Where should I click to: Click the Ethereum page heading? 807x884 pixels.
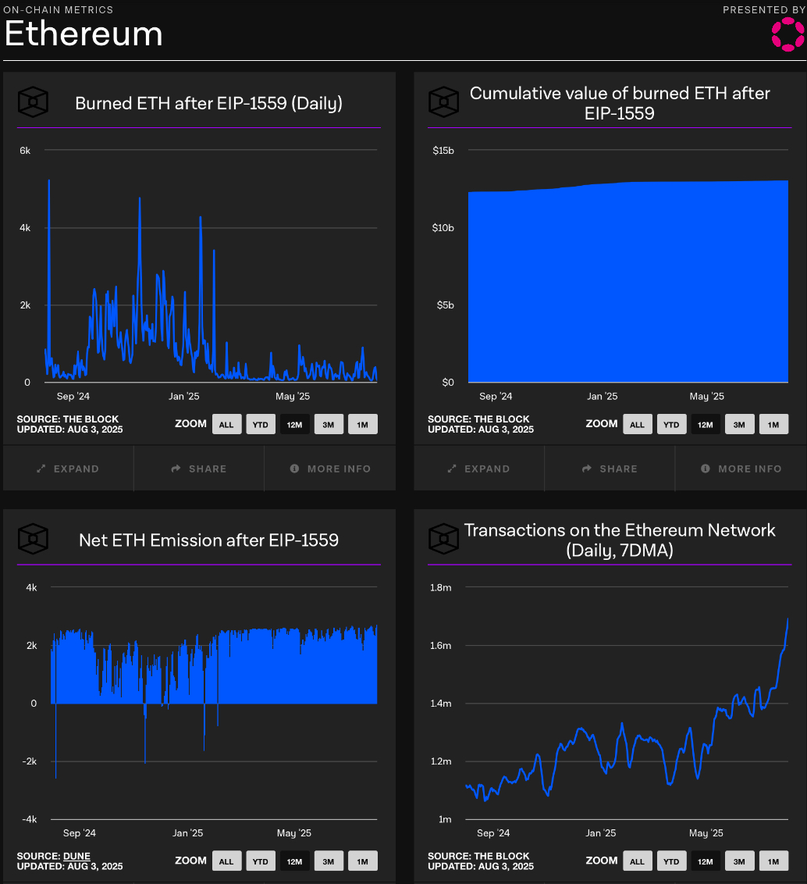tap(84, 34)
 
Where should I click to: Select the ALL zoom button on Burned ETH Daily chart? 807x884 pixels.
tap(226, 424)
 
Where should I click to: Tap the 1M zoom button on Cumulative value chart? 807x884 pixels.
tap(773, 424)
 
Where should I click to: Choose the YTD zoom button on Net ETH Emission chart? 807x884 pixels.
tap(260, 861)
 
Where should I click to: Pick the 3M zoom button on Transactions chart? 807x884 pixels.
tap(739, 861)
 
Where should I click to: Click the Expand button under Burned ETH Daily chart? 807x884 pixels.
tap(68, 469)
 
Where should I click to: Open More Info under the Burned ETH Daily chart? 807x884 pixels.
tap(330, 469)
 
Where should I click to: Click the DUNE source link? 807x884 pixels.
tap(76, 856)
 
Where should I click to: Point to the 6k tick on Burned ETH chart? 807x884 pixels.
tap(25, 150)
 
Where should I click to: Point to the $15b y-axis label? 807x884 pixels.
tap(443, 150)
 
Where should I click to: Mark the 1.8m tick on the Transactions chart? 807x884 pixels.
tap(441, 587)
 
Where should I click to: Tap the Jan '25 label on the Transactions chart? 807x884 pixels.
tap(601, 833)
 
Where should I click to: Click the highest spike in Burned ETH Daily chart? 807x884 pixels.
tap(49, 181)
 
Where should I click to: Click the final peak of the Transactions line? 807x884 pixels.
tap(787, 619)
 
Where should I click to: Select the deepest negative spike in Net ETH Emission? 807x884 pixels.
tap(55, 777)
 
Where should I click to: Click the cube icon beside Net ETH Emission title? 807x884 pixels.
tap(33, 538)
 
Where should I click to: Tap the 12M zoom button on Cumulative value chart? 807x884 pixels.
tap(705, 424)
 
